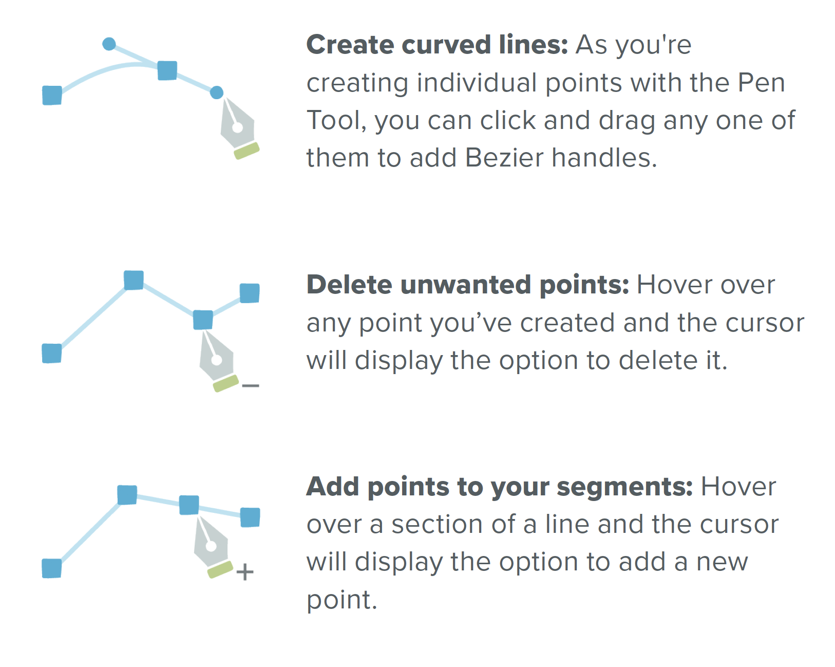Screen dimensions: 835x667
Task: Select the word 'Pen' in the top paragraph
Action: point(761,83)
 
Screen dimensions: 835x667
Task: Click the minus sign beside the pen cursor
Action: point(250,385)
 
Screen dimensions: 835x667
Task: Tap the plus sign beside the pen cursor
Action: point(245,572)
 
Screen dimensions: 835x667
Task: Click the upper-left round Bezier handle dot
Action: point(109,44)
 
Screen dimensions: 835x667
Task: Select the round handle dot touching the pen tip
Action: point(217,92)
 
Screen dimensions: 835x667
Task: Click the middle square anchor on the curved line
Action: point(167,71)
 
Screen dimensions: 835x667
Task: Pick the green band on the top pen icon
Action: point(247,151)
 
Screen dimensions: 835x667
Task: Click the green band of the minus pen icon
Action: point(226,383)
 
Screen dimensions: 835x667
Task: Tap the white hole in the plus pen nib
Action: point(211,546)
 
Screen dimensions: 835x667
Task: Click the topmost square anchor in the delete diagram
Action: point(134,280)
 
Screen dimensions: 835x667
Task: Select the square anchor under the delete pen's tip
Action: point(203,320)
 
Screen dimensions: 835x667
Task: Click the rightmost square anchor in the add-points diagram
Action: point(250,517)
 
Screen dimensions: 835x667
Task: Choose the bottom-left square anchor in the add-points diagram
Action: point(51,568)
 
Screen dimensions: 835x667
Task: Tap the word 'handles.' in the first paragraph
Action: point(604,158)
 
